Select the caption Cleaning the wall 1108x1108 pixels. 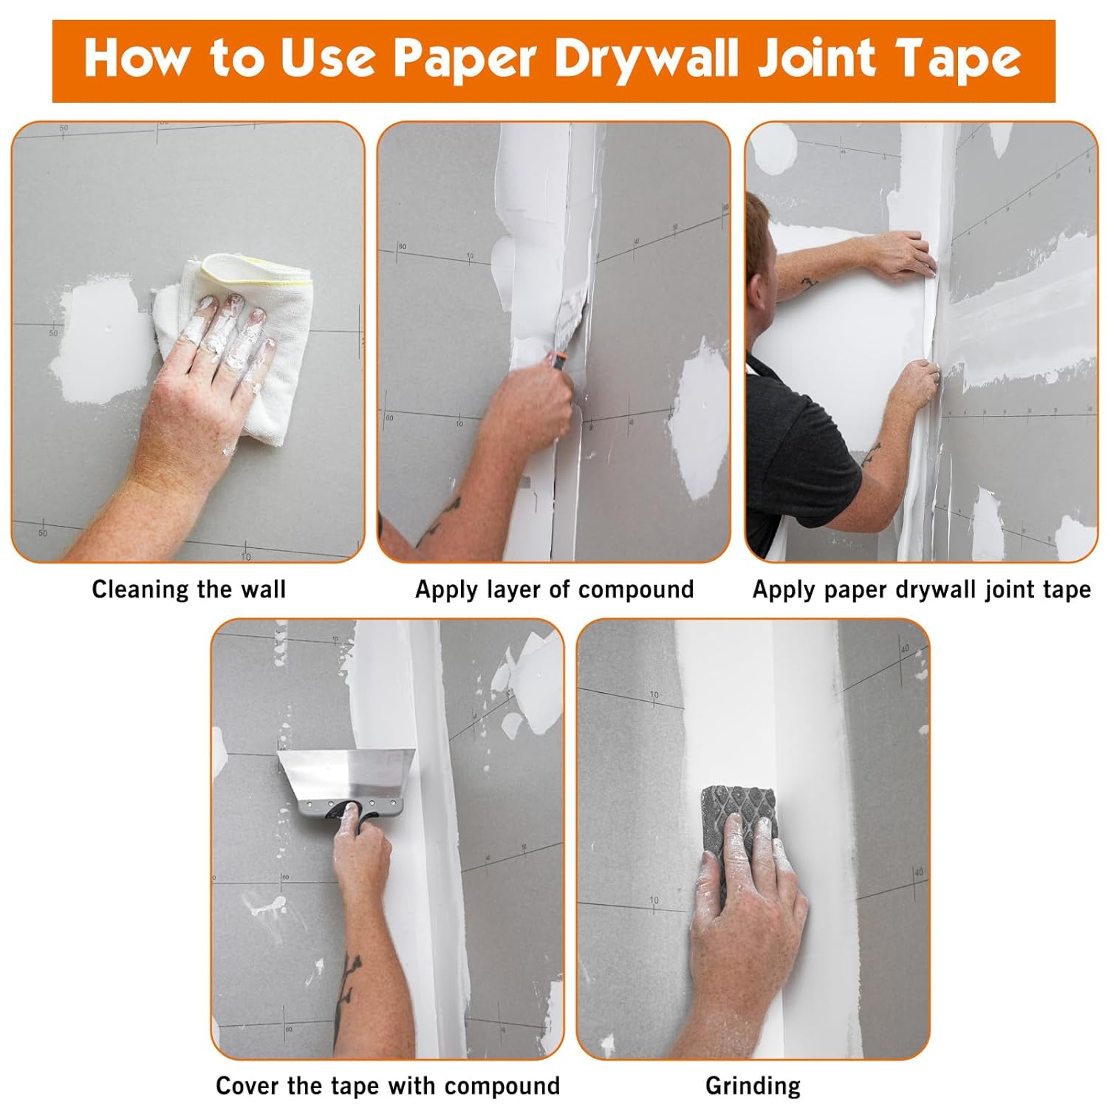click(189, 589)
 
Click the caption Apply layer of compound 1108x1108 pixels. click(554, 589)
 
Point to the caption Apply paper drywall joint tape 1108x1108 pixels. click(921, 589)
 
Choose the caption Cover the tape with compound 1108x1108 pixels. click(388, 1086)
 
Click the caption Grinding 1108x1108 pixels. click(753, 1086)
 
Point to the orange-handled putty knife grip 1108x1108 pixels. click(556, 361)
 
